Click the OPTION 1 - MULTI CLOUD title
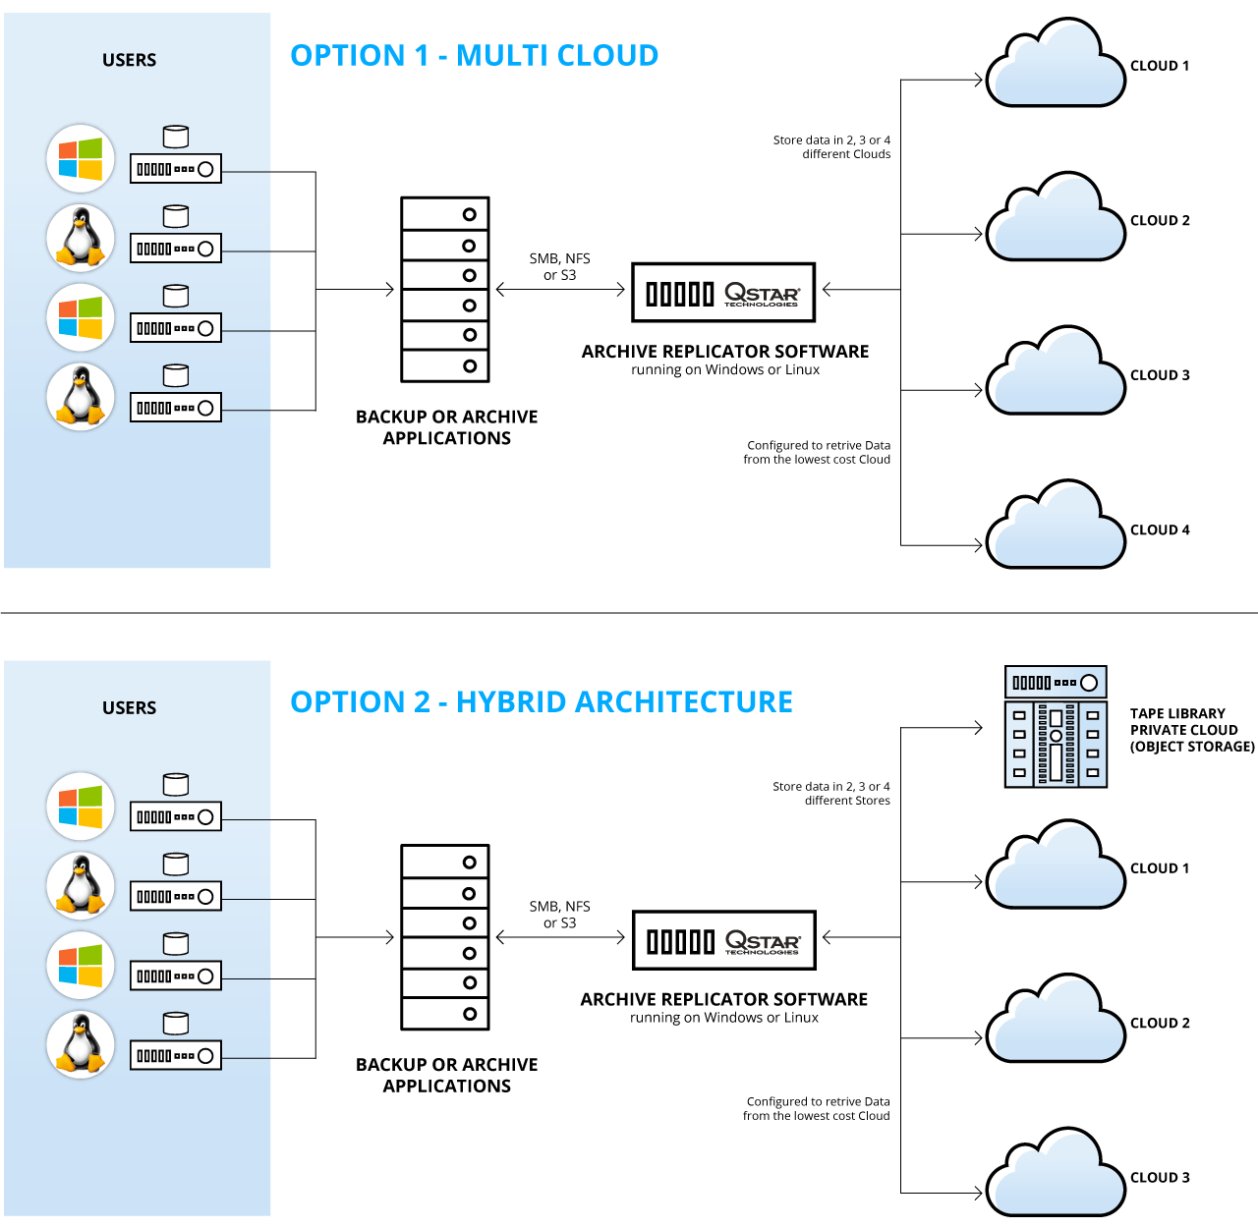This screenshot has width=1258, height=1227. [x=474, y=56]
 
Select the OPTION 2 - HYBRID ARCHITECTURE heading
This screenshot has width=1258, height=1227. [x=542, y=702]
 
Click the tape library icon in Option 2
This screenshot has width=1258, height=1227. [x=1056, y=727]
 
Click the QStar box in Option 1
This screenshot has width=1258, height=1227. [x=723, y=292]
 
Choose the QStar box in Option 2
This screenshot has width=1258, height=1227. [x=723, y=940]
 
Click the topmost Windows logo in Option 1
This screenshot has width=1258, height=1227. [x=81, y=158]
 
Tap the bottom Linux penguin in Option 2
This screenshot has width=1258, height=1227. [x=81, y=1043]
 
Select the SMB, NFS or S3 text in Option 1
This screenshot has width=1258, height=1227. [x=560, y=267]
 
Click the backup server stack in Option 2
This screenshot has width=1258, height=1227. [x=445, y=937]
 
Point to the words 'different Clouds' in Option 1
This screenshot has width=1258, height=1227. [x=846, y=154]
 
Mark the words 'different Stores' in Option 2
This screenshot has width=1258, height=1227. [x=847, y=801]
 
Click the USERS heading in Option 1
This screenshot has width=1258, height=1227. [x=129, y=60]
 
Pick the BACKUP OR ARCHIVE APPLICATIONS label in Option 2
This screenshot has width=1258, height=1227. [x=447, y=1075]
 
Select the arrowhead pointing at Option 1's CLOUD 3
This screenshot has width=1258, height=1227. [x=977, y=390]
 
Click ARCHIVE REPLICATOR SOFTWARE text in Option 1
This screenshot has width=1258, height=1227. [x=725, y=352]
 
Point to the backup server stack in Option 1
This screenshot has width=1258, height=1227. [x=445, y=289]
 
